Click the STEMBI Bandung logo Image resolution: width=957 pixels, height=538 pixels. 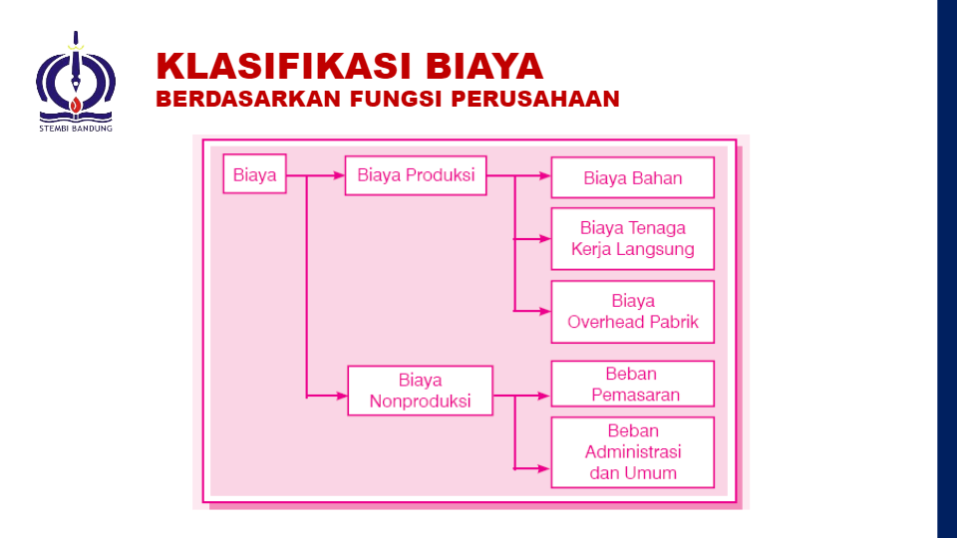point(76,80)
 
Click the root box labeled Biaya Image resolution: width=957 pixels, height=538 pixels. point(254,174)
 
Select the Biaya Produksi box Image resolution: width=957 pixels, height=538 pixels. point(417,175)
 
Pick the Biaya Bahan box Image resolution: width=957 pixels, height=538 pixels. point(632,178)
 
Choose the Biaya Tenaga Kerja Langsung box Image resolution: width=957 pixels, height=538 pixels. point(632,239)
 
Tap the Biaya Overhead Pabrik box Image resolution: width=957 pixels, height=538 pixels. point(632,311)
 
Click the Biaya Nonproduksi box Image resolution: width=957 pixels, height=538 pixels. point(420,391)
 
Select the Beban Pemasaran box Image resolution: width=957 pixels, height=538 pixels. point(632,384)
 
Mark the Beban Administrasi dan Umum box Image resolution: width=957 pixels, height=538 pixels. point(632,452)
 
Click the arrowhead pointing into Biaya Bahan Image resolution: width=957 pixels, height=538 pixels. point(545,175)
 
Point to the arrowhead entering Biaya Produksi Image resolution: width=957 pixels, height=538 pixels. point(339,175)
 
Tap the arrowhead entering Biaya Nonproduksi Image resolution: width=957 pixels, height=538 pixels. point(341,396)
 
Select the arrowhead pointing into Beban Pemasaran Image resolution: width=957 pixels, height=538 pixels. point(544,396)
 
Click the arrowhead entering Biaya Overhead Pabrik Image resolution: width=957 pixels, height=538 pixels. point(545,311)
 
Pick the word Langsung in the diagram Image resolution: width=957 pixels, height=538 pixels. point(659,249)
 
